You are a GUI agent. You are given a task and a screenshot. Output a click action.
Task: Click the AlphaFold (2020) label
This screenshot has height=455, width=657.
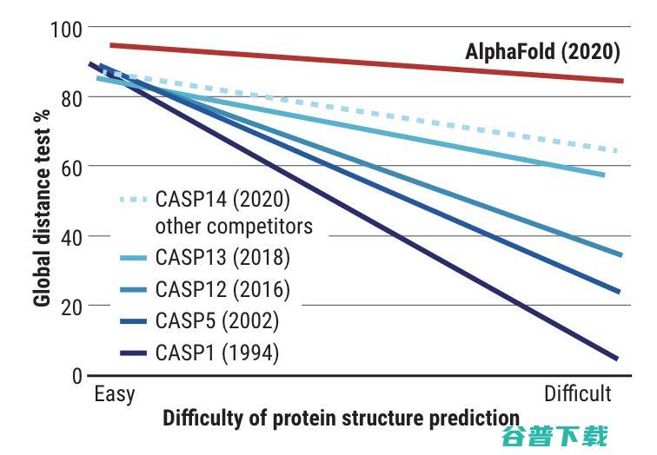coord(542,52)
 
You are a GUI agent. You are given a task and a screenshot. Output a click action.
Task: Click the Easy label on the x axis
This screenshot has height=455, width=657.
coord(115,393)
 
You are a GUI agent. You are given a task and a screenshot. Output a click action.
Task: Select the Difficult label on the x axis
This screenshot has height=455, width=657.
coord(578,393)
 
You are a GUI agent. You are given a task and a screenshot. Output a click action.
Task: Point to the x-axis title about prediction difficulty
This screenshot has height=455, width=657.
coord(341,418)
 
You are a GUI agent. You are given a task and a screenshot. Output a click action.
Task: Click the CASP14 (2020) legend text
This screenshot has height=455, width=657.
coord(222,199)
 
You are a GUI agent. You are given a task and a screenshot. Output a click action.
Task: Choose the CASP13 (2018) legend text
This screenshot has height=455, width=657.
coord(222,258)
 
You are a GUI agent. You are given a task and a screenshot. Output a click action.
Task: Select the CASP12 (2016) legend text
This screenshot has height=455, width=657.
coord(222,289)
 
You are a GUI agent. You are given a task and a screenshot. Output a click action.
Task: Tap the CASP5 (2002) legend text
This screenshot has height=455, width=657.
coord(217,320)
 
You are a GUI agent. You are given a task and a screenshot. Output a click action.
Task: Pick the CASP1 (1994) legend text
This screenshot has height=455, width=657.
coord(217,353)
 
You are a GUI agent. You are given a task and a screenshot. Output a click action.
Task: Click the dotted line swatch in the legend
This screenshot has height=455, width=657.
coord(131,199)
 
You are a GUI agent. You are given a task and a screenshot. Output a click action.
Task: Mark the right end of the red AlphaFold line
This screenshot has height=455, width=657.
coord(622,81)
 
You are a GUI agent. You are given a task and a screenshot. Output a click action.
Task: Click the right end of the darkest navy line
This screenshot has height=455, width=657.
coord(616,358)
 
